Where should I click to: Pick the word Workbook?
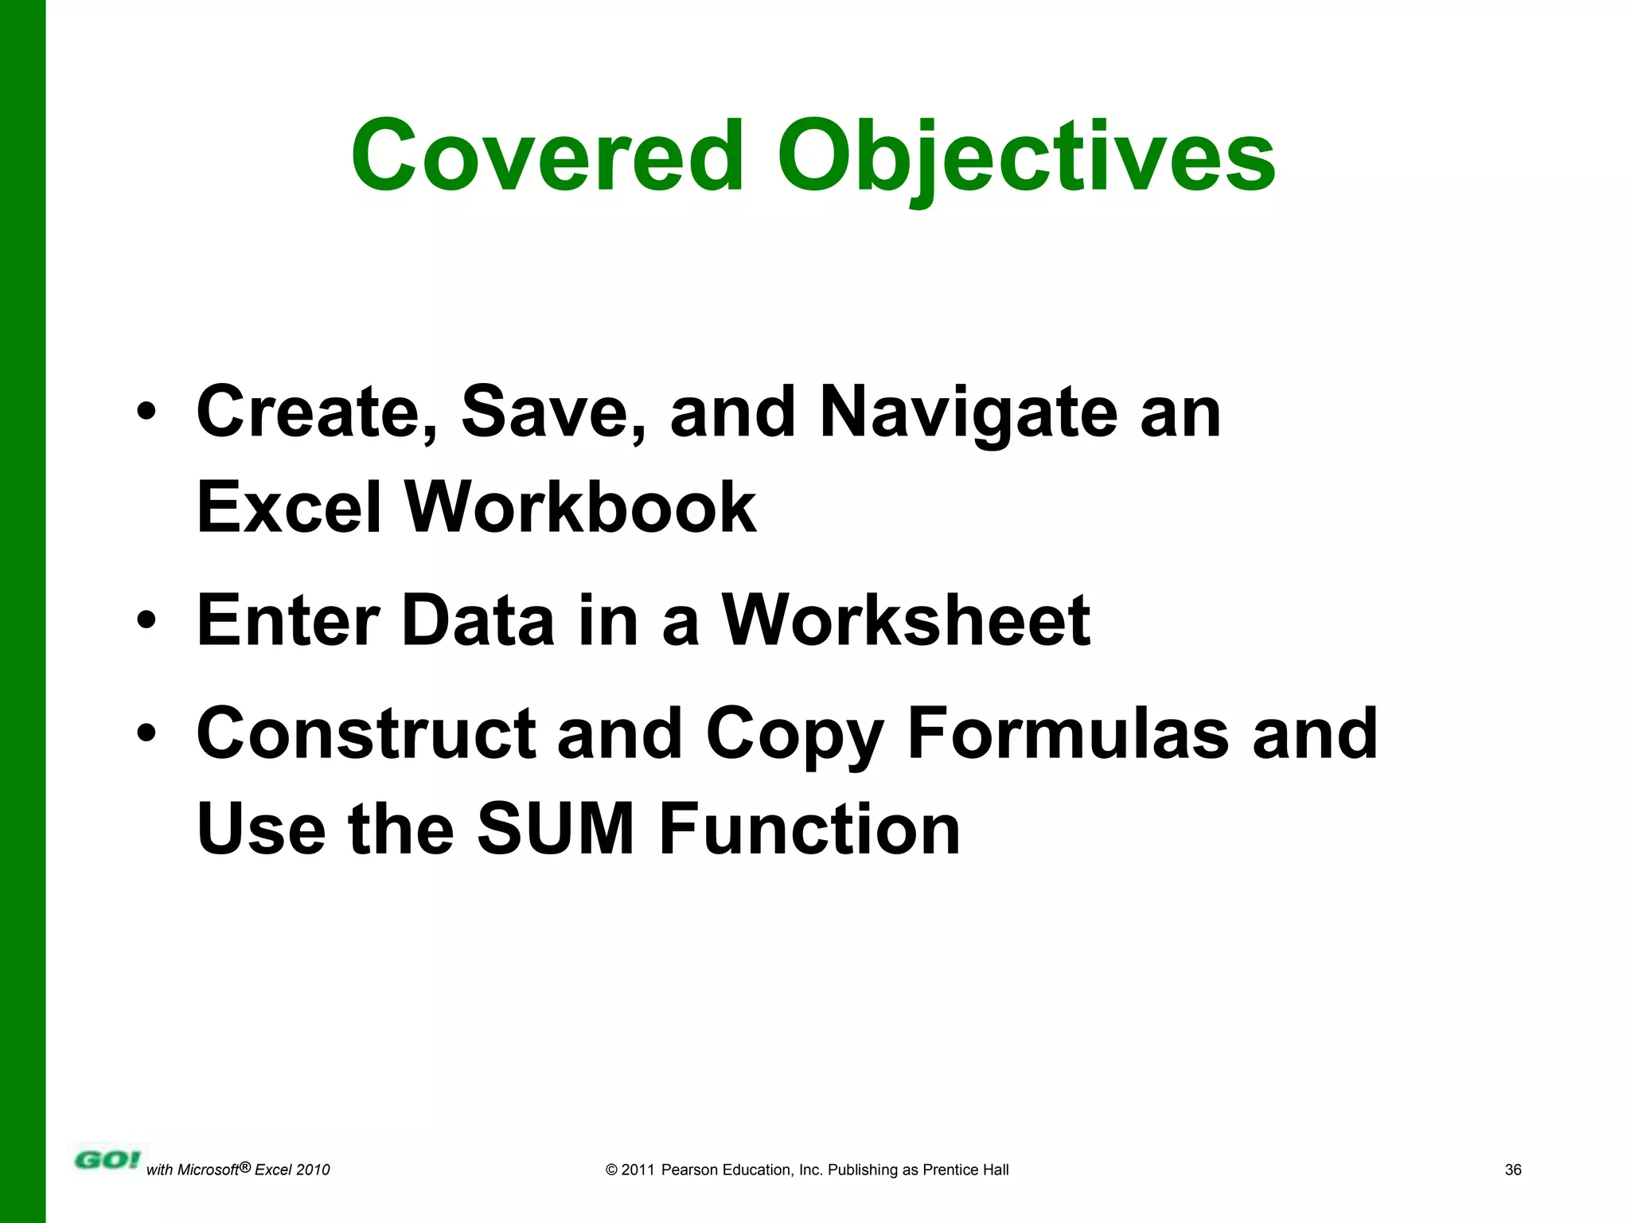click(580, 507)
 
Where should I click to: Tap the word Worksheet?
click(905, 620)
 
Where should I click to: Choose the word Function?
click(809, 829)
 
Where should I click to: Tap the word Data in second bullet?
click(478, 620)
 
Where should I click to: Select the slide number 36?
click(1513, 1170)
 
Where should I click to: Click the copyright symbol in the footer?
click(611, 1170)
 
